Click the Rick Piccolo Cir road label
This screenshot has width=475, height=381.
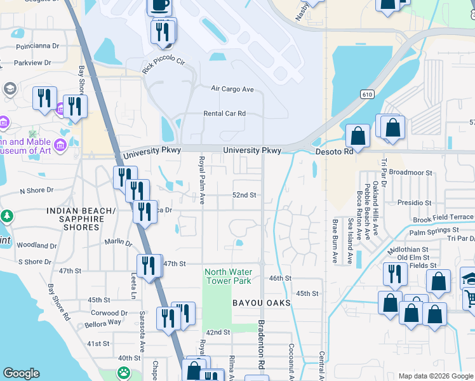163,65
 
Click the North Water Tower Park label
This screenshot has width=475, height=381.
228,276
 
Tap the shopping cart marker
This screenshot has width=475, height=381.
470,297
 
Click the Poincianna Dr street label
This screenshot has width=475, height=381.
37,46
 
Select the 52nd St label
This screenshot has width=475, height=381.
244,195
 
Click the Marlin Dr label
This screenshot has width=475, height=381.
119,243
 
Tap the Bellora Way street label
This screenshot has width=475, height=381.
105,322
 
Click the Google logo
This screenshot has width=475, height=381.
22,373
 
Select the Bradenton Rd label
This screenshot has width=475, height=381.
261,344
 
